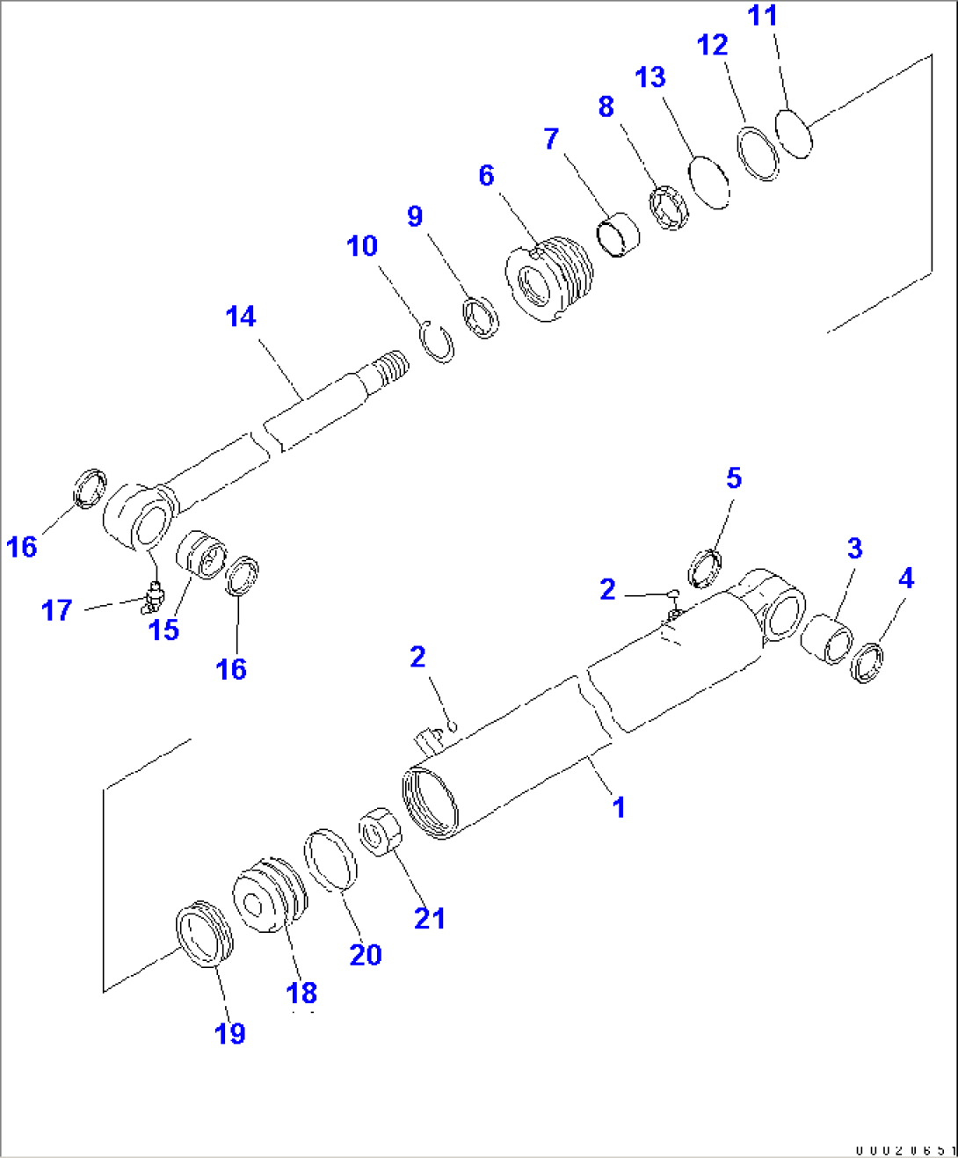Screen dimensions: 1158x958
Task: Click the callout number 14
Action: (240, 317)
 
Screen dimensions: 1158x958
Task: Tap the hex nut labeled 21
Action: (380, 830)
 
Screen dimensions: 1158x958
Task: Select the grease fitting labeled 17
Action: (153, 597)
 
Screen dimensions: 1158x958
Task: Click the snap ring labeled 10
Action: (437, 341)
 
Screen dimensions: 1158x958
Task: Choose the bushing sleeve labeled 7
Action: (619, 234)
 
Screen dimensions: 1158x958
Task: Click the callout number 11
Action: (762, 16)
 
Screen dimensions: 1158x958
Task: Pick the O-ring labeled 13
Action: (709, 183)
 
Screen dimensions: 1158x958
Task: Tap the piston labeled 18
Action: (270, 895)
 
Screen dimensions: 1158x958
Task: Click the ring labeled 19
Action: (204, 935)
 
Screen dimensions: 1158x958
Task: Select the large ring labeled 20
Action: (330, 859)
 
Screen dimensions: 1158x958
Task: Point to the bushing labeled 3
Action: (827, 639)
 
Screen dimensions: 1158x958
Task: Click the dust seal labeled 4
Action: (867, 663)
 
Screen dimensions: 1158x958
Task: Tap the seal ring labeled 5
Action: (705, 568)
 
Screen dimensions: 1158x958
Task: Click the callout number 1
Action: (619, 806)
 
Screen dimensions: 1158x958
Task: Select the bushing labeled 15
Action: (201, 556)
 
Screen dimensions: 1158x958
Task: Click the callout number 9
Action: (415, 216)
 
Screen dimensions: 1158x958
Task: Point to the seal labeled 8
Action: (671, 209)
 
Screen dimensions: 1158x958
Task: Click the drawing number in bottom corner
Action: (904, 1149)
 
